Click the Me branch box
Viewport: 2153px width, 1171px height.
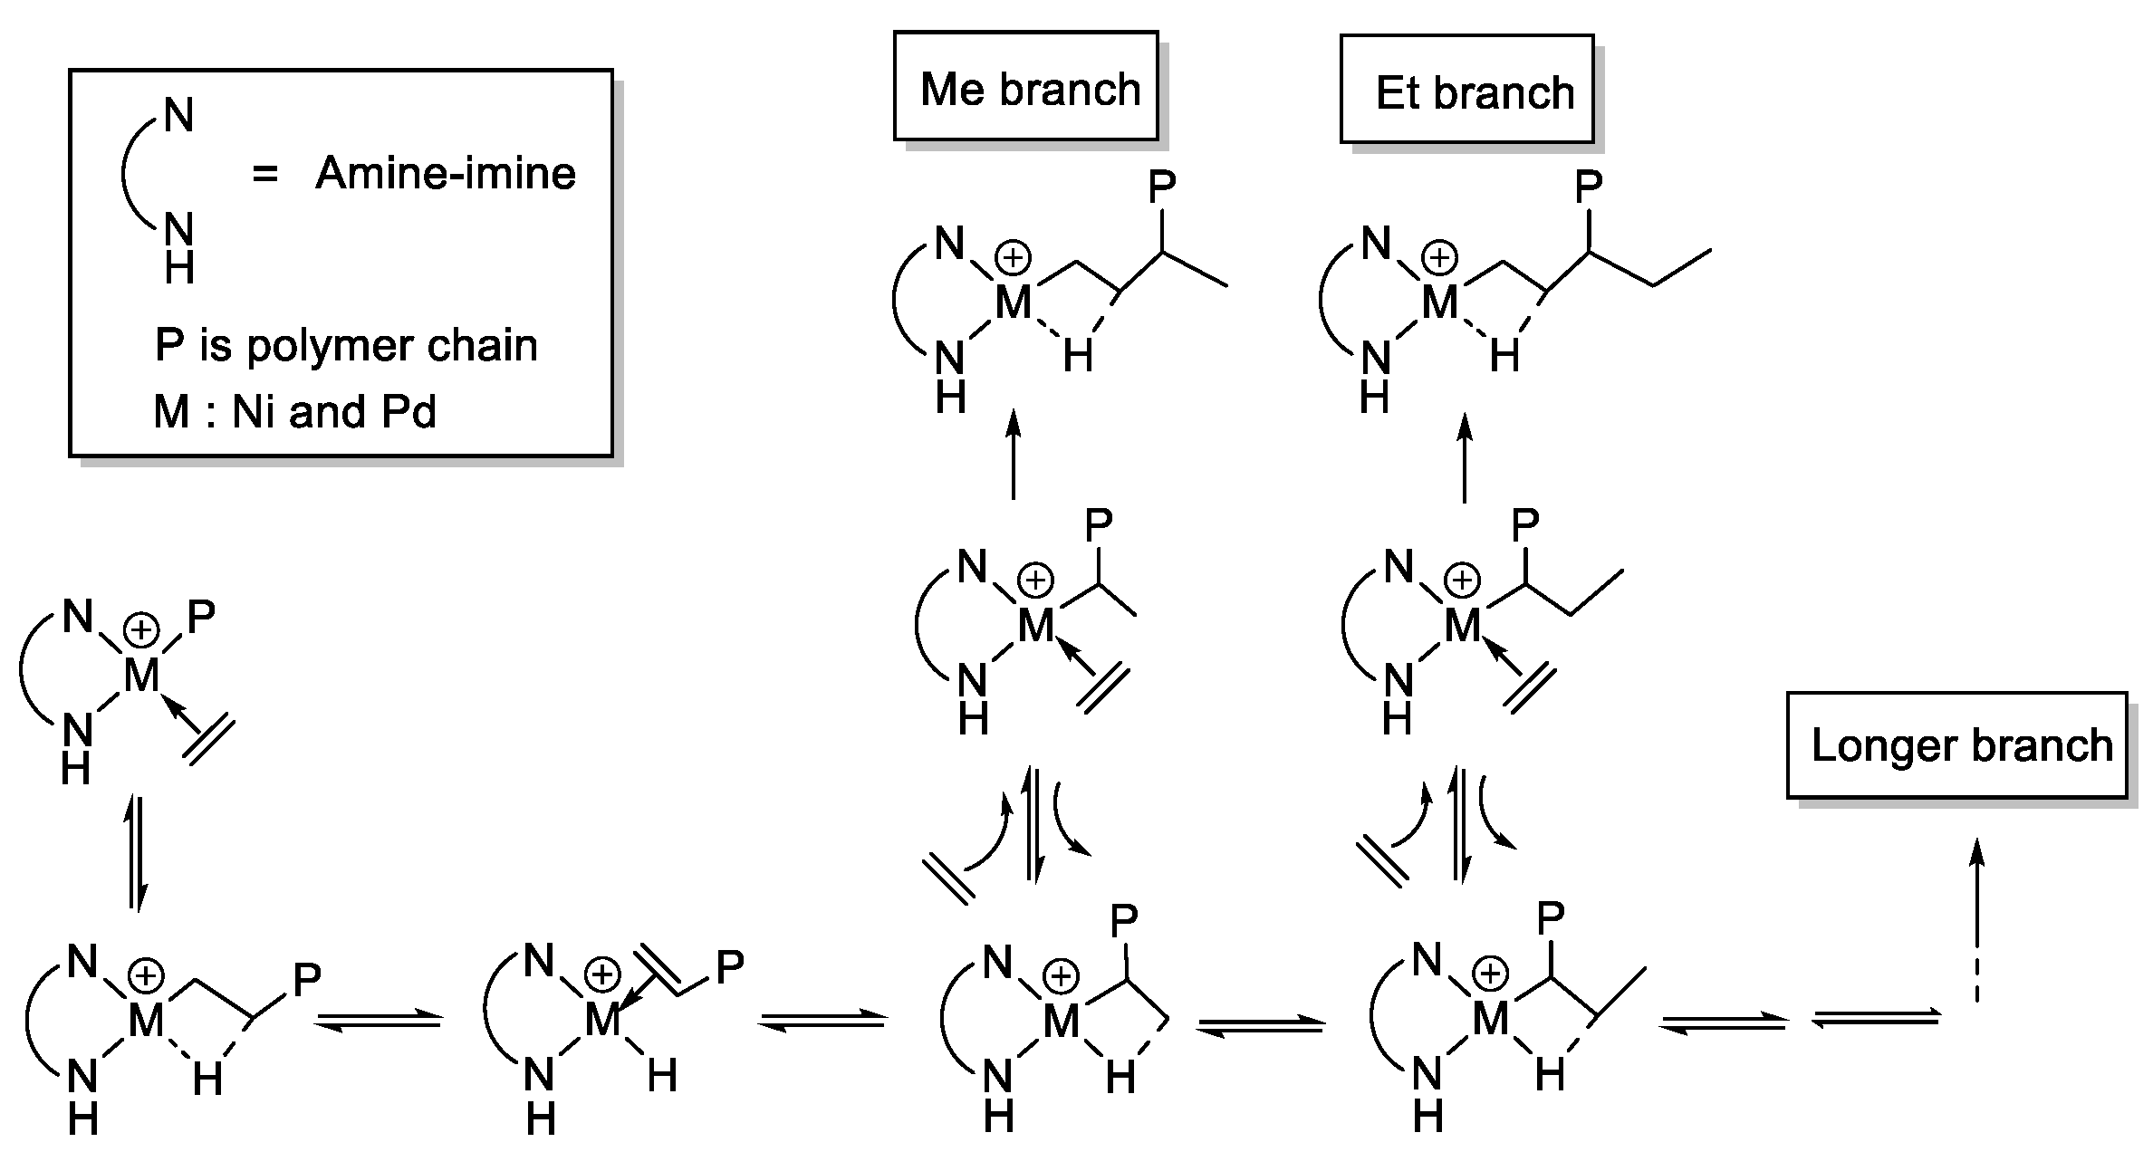[1025, 87]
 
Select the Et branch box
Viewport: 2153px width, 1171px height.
[1466, 90]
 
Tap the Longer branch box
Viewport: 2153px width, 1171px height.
[1956, 744]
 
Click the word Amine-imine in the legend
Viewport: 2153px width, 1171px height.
[445, 173]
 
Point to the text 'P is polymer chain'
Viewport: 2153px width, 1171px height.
[346, 345]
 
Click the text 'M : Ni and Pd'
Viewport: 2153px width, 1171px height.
[295, 412]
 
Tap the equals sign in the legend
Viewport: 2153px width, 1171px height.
[264, 173]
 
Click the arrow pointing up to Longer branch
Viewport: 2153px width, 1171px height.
[1977, 915]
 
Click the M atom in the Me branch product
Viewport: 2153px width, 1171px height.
[1014, 302]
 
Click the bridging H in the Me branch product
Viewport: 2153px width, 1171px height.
[1078, 356]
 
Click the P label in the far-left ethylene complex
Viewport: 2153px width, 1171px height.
[200, 618]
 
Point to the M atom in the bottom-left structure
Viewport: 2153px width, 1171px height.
[145, 1021]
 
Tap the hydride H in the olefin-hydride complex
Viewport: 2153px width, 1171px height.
[661, 1075]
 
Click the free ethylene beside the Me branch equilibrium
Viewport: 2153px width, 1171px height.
[948, 878]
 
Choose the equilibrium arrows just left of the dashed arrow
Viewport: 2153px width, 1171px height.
[1877, 1019]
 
